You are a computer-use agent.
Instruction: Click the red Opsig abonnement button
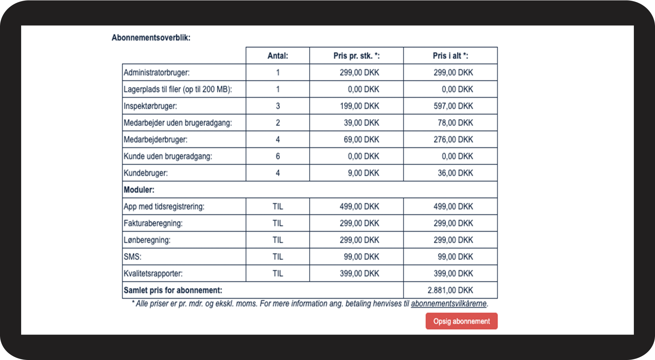coord(462,321)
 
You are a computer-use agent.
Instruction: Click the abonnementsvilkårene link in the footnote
coord(449,304)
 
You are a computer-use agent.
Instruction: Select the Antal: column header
coord(278,56)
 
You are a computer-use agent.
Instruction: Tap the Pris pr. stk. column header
coord(356,56)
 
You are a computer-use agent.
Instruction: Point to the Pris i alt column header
coord(450,56)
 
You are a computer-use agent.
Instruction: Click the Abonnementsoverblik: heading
coord(151,37)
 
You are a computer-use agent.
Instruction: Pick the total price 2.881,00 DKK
coord(450,290)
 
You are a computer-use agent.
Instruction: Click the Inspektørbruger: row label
coord(150,106)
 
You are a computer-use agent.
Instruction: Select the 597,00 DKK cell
coord(453,106)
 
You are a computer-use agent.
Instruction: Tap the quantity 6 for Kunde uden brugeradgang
coord(278,156)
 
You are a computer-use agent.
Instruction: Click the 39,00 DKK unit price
coord(361,123)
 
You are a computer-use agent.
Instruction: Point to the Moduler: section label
coord(139,190)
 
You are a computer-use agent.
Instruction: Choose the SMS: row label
coord(133,257)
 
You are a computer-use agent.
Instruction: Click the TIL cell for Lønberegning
coord(278,240)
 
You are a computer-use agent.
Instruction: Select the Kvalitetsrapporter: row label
coord(153,274)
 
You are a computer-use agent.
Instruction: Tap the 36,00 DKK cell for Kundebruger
coord(455,173)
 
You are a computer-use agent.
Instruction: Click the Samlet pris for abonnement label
coord(173,290)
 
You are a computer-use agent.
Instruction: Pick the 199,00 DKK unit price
coord(360,106)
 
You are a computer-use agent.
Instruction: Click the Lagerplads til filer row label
coord(178,89)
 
